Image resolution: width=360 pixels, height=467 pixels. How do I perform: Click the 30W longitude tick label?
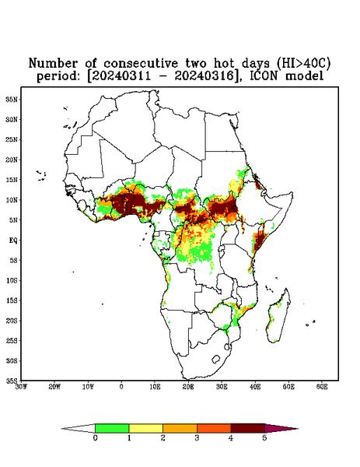tap(21, 387)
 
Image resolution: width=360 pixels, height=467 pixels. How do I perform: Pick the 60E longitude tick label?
tap(322, 387)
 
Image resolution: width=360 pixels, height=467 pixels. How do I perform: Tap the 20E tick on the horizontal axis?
tap(188, 387)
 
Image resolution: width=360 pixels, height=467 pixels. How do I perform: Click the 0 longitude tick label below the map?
tap(121, 387)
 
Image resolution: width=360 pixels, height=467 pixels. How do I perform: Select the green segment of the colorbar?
tap(112, 428)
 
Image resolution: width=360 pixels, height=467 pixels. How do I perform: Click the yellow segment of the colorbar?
tap(145, 428)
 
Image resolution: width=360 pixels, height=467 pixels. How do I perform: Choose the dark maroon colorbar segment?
tap(248, 428)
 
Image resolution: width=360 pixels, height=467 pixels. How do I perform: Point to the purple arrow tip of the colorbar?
tap(281, 428)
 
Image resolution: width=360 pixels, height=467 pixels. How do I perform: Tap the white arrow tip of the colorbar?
tap(79, 428)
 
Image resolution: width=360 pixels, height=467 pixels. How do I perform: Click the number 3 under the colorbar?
tap(197, 438)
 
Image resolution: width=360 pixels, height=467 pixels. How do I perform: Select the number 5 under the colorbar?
tap(264, 438)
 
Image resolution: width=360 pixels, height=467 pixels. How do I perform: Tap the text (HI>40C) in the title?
tap(302, 63)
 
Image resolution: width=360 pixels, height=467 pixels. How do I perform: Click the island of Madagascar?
tap(278, 316)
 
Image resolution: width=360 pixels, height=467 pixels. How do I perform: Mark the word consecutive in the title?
tap(141, 64)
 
